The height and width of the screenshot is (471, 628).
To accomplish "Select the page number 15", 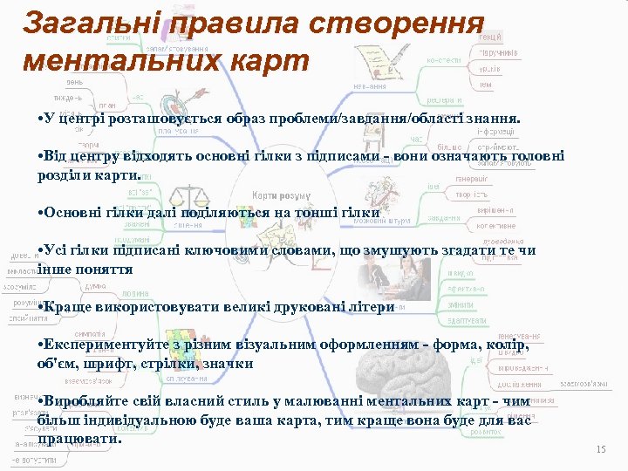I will click(x=600, y=449).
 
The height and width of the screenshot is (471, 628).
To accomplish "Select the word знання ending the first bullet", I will click(x=494, y=118).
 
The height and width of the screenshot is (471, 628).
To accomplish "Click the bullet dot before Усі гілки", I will click(x=42, y=251).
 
